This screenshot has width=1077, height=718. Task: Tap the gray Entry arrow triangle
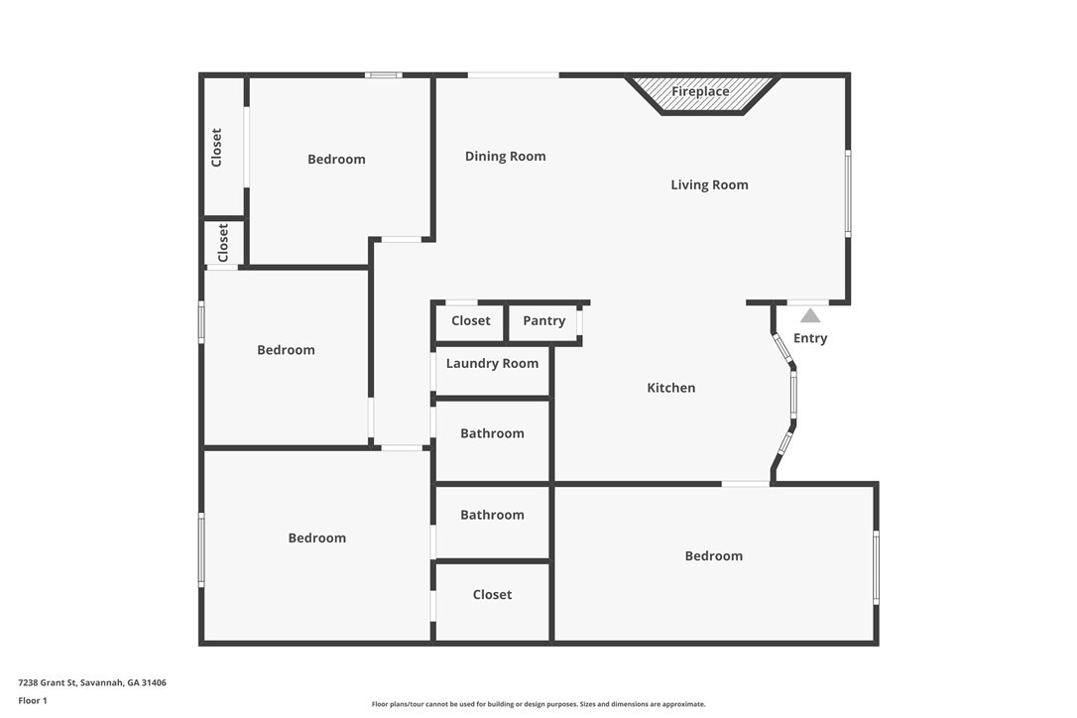pos(810,315)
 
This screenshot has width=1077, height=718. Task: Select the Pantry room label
pos(544,321)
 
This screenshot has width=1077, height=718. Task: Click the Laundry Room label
pos(493,364)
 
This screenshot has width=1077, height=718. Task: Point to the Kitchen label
pos(671,388)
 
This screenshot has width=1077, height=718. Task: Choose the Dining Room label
pos(506,157)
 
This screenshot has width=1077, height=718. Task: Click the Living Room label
pos(709,184)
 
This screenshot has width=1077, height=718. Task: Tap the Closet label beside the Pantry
pos(470,321)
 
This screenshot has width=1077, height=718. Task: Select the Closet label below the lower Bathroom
pos(493,595)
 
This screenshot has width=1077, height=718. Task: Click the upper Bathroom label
pos(493,433)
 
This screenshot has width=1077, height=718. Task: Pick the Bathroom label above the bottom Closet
pos(493,516)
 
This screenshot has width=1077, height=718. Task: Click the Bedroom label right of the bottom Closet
pos(714,556)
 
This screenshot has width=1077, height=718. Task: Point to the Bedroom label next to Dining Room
pos(336,160)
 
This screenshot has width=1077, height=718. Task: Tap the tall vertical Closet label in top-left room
pos(216,148)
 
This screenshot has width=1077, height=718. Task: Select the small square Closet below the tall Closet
pos(222,243)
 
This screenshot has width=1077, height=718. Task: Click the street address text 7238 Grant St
pos(92,683)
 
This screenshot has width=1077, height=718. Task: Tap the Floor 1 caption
pos(33,701)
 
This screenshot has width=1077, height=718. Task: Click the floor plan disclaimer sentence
pos(538,704)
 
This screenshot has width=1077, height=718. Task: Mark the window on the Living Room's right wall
pos(848,193)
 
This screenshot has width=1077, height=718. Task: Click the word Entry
pos(810,338)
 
